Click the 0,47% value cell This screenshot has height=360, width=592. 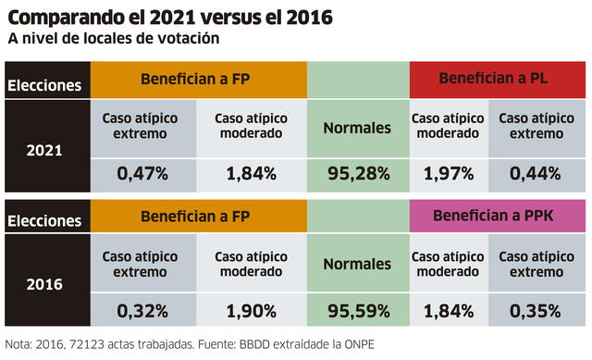coord(143,173)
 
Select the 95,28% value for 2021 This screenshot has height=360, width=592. coord(357,173)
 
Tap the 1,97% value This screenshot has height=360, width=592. coord(448,173)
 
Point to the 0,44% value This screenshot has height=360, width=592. coord(537,173)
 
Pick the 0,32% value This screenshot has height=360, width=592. coord(143,310)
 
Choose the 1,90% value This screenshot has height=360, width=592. coord(251,310)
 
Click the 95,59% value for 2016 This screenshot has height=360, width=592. coord(357,310)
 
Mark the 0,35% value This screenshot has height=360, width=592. coord(537,310)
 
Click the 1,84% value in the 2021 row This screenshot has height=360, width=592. coord(251,173)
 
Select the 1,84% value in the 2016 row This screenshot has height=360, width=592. coord(448,310)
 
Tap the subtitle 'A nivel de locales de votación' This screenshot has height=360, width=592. coord(114,40)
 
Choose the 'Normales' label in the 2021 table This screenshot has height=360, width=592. coord(357,128)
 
